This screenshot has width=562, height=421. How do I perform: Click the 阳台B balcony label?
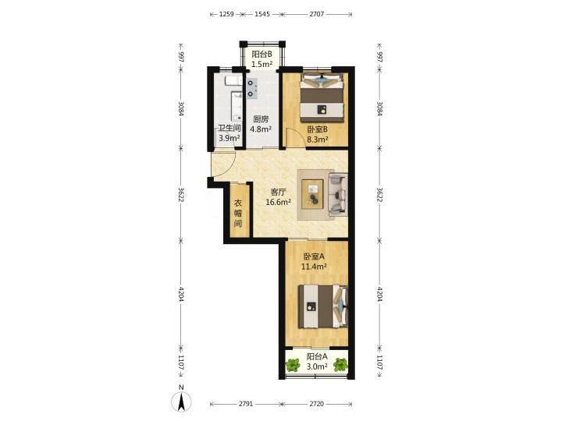[261, 55]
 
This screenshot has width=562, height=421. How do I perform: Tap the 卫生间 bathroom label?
[229, 128]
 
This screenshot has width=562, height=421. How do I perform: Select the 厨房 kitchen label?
[261, 119]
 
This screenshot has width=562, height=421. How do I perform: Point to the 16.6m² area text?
[278, 202]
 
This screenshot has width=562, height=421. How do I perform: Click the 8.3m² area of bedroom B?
[318, 140]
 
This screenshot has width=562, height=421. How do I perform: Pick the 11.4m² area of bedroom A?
[314, 267]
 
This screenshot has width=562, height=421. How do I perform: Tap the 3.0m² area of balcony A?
[317, 366]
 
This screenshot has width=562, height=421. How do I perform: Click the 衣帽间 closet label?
[238, 214]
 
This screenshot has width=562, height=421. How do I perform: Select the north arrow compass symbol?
[182, 402]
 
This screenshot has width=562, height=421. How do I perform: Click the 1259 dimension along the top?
[226, 14]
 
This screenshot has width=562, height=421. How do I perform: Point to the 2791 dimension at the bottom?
[246, 404]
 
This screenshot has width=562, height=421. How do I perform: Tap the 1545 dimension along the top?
[262, 14]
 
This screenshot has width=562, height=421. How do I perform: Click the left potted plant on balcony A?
[293, 365]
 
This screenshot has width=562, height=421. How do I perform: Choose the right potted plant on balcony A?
[340, 365]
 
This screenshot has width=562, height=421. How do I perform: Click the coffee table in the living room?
[312, 193]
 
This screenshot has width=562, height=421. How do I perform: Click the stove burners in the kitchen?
[251, 88]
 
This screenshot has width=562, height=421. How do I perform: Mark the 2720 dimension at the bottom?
[316, 404]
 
